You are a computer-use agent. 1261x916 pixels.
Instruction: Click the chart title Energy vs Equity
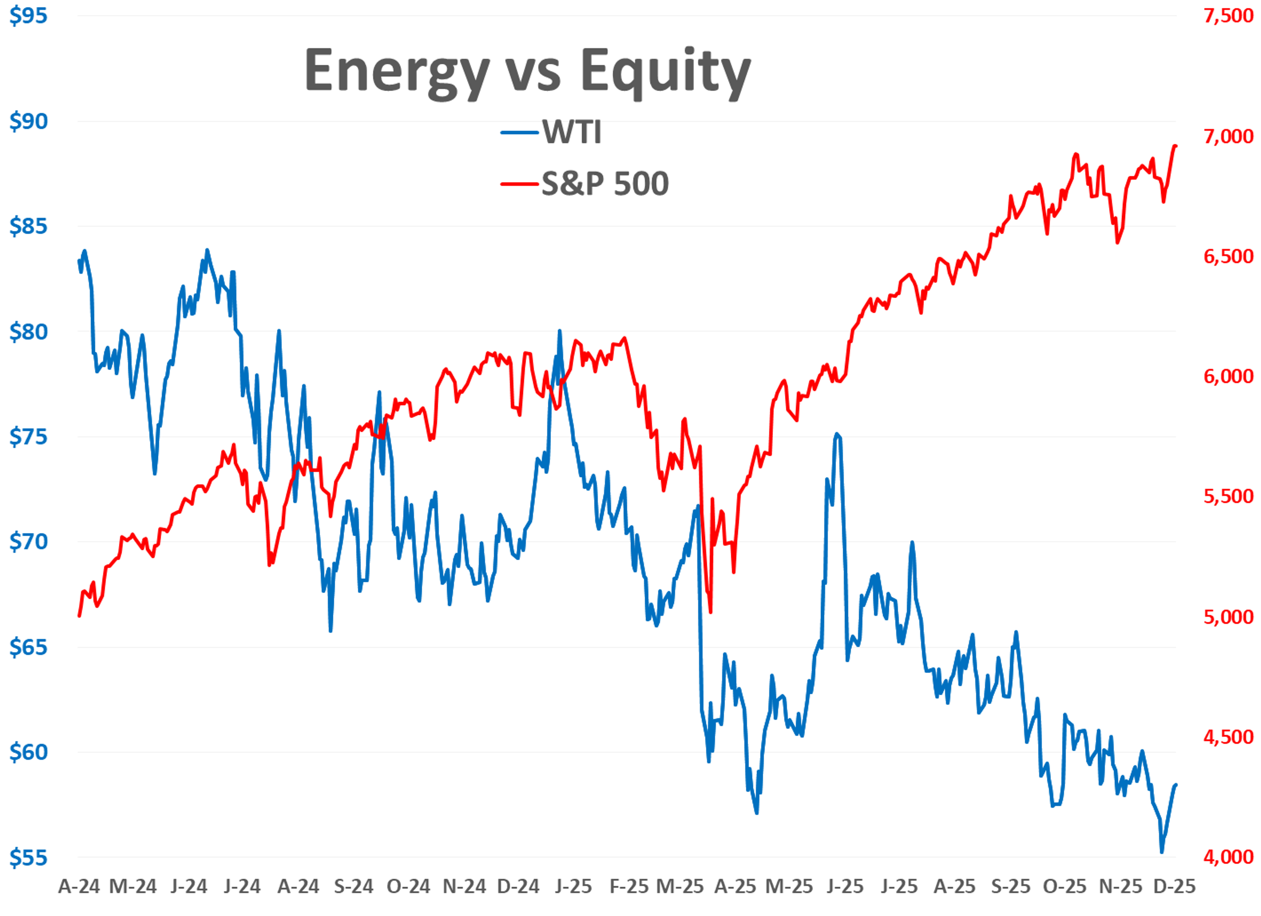click(527, 71)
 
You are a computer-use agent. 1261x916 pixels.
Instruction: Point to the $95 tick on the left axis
click(28, 15)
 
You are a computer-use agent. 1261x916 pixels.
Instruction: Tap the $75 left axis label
click(28, 437)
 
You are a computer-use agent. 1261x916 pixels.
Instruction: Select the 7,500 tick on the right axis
click(1228, 15)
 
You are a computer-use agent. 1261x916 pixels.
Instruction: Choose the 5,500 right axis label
click(1228, 496)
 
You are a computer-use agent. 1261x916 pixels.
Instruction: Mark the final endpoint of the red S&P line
click(1175, 146)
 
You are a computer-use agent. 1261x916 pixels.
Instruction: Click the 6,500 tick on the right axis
click(1228, 256)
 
